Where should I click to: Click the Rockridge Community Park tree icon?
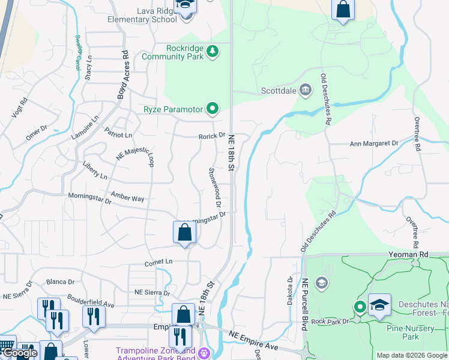pos(212,52)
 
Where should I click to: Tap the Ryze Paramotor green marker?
pos(212,109)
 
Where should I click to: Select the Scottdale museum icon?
pos(305,91)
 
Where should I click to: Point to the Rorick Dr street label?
pos(212,136)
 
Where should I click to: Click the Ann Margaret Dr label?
pos(374,143)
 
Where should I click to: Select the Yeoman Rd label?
pos(415,254)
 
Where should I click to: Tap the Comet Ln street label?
pos(158,263)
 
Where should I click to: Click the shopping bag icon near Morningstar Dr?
pos(184,233)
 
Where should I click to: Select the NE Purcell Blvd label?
pos(305,304)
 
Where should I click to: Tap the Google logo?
pos(19,353)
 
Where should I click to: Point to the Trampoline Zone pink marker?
pos(204,352)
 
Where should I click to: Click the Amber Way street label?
pos(128,197)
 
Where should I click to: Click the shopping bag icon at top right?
pos(343,10)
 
